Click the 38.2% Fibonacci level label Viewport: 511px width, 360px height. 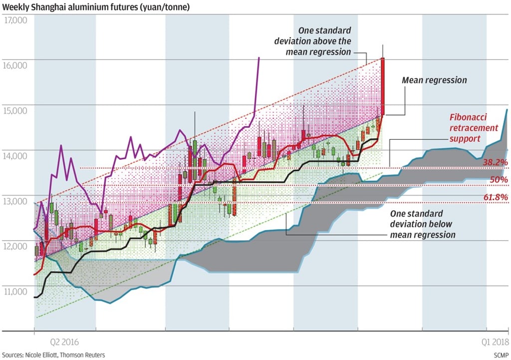[495, 162]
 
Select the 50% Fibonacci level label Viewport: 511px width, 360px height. [499, 179]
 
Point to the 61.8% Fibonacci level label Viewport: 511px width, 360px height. [495, 198]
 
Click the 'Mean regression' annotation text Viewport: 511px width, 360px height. [434, 80]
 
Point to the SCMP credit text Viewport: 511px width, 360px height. [500, 355]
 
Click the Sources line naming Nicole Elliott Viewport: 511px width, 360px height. [54, 355]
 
